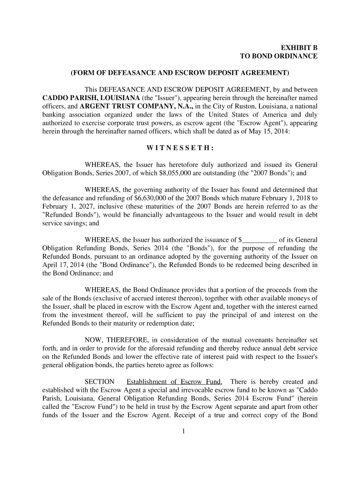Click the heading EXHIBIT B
(x=299, y=48)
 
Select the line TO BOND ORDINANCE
(x=279, y=56)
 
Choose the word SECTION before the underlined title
(x=100, y=382)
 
